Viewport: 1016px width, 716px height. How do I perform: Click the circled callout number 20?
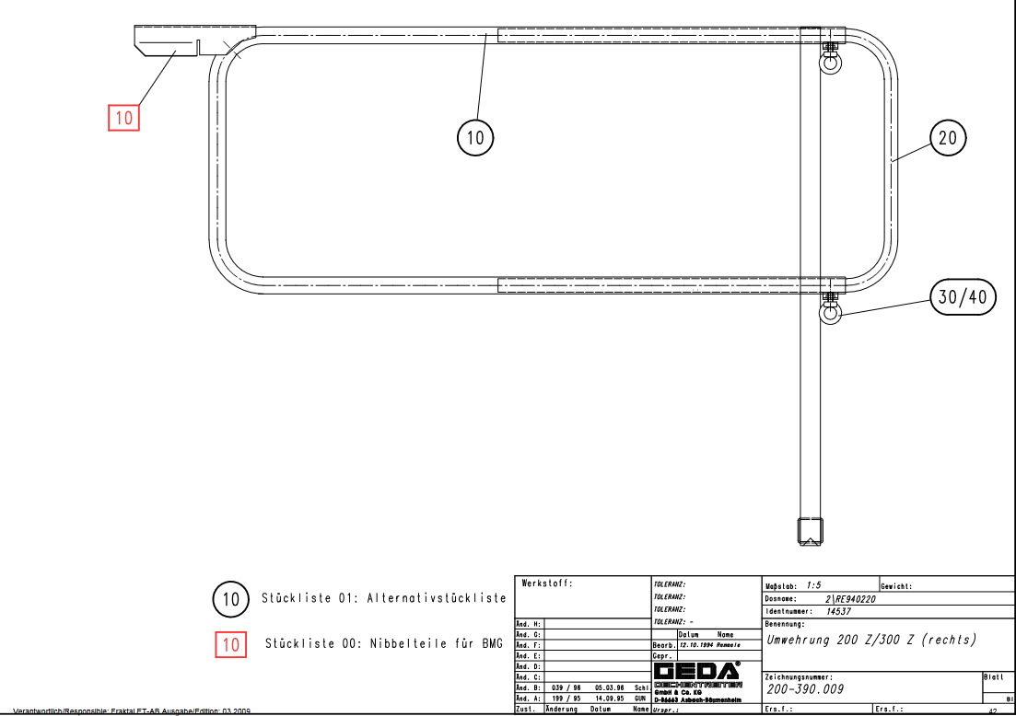tap(948, 139)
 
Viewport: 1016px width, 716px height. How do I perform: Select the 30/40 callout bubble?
tap(961, 296)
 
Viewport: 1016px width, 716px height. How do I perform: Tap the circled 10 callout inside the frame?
tap(475, 139)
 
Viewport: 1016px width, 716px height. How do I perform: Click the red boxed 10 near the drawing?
tap(123, 118)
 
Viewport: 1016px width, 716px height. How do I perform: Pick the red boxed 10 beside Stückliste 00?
tap(230, 644)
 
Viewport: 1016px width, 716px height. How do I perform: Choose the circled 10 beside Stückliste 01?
tap(230, 600)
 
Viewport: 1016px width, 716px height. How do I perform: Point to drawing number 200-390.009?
tap(805, 688)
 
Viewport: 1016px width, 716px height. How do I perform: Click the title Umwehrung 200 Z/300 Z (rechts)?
tap(870, 640)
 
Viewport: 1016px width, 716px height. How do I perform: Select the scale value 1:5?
tap(813, 585)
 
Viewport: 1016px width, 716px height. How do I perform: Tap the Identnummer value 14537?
tap(838, 610)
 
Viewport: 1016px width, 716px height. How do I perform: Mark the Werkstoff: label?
tap(547, 583)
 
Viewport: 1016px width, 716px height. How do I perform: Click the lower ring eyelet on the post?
tap(831, 314)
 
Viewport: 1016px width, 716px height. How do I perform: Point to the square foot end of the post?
tap(810, 531)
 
